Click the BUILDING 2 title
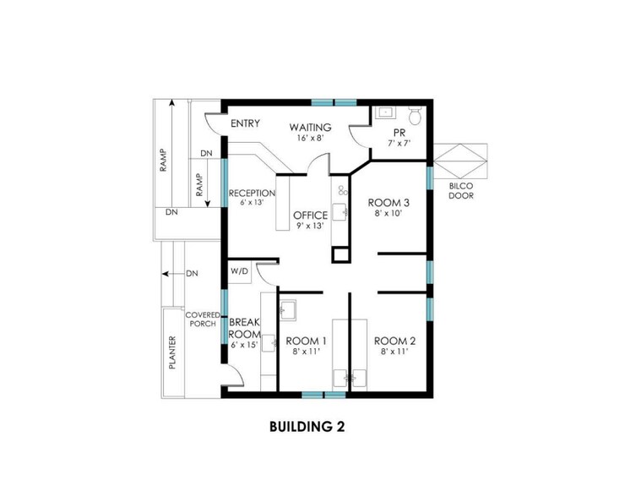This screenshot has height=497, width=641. [307, 427]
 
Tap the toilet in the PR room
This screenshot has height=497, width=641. [416, 115]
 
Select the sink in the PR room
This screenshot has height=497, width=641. [384, 112]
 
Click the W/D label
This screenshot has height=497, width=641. [239, 270]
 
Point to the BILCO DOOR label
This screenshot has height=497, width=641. [461, 191]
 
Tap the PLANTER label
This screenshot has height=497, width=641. [172, 352]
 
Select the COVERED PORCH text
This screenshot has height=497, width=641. [203, 319]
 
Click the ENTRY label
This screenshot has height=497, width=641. [245, 123]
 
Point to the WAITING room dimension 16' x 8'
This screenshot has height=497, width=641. [311, 138]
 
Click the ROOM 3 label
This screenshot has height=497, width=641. [388, 203]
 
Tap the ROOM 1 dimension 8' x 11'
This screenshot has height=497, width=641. [306, 351]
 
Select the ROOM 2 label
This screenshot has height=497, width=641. [395, 341]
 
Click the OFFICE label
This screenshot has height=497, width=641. [310, 216]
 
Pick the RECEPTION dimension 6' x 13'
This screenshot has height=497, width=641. [252, 202]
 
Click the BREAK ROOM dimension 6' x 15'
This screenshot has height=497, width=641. [244, 345]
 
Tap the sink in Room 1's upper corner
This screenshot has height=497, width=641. [289, 309]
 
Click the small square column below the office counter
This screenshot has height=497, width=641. [341, 254]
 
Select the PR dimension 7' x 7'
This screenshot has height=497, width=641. [399, 143]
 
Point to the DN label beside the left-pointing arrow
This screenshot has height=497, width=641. [193, 273]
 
